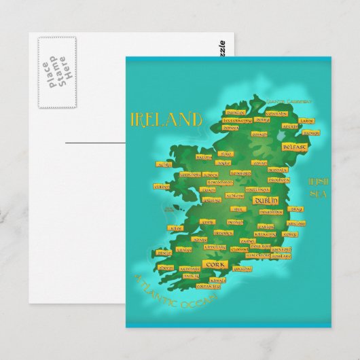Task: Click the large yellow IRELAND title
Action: (166, 120)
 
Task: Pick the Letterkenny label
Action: (237, 120)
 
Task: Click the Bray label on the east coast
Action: (296, 210)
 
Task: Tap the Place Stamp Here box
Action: (56, 71)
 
